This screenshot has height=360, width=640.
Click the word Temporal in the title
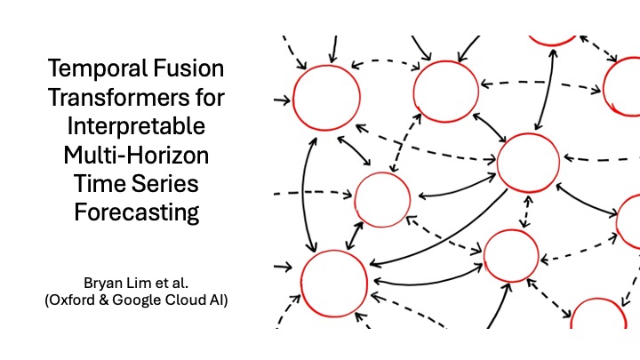[x=97, y=69]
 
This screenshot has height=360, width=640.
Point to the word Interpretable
[x=136, y=126]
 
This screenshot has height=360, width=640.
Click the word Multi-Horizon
[x=136, y=155]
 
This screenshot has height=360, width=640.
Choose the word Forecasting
[x=137, y=213]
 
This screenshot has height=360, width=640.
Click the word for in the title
[x=212, y=97]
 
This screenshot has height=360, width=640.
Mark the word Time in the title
[x=99, y=184]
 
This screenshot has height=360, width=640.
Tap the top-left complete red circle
[x=294, y=98]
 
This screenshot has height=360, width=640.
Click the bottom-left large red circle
[x=301, y=284]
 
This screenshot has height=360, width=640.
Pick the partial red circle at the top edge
[x=552, y=45]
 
